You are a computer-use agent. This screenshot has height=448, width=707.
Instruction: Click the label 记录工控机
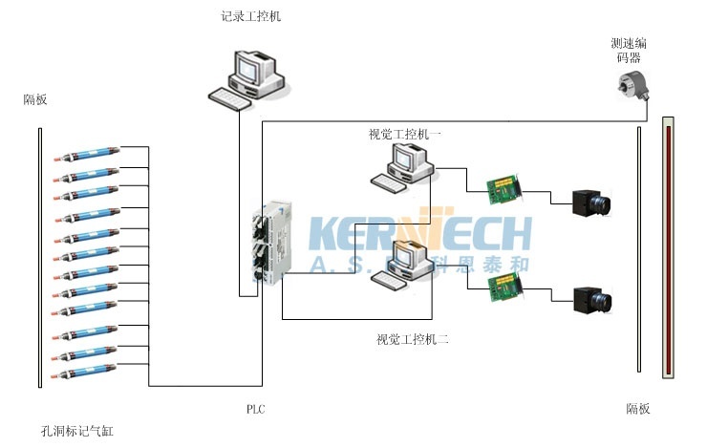250,17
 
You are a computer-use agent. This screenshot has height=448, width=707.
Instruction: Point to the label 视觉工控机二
413,339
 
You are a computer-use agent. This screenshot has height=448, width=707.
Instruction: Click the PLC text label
255,410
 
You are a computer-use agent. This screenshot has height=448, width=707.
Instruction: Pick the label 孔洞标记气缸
77,432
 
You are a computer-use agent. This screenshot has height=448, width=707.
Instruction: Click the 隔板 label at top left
35,99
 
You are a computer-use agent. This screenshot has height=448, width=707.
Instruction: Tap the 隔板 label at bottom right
638,409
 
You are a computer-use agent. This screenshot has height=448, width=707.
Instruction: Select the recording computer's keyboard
229,96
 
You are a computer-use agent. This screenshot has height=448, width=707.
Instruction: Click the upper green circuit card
503,185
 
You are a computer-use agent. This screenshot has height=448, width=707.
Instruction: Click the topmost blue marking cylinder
88,154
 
